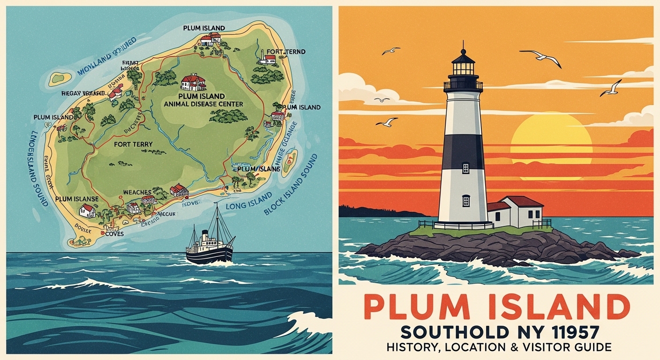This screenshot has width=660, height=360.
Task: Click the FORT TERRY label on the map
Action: [133, 145]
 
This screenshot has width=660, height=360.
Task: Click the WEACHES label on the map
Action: [137, 192]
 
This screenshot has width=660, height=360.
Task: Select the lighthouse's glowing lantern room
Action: [463, 68]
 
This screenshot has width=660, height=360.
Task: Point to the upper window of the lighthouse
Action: [465, 168]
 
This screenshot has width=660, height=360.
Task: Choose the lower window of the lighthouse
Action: [466, 201]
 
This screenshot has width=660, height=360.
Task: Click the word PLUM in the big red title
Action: [412, 307]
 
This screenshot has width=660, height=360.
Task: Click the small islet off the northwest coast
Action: [60, 77]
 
